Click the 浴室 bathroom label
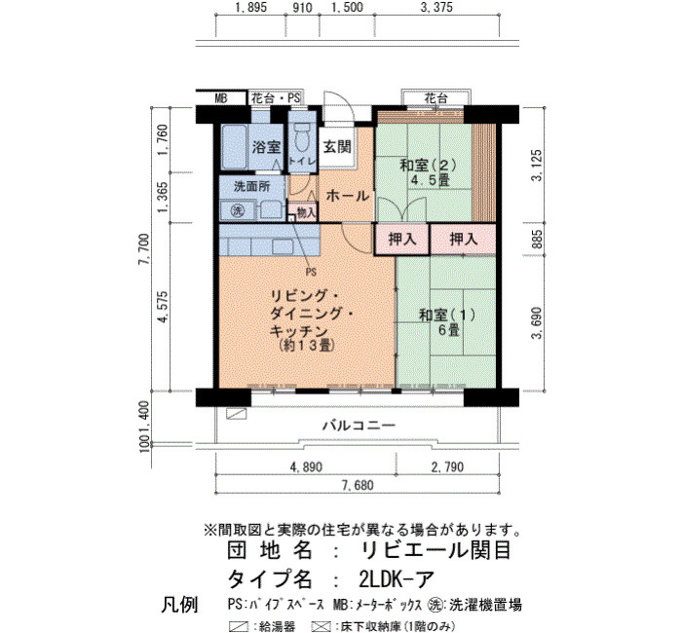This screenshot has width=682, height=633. tap(266, 147)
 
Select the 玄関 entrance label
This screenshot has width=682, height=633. tap(337, 147)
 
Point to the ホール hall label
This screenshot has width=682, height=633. tap(348, 196)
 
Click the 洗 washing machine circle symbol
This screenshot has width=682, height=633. tap(238, 211)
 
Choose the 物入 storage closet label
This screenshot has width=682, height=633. tap(306, 212)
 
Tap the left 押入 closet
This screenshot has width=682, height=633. tap(402, 239)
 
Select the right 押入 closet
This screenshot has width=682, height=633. tap(463, 239)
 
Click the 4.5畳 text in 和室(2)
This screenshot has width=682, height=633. tap(431, 179)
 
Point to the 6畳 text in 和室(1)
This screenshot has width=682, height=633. tap(448, 330)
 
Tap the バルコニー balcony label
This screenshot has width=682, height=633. tap(359, 425)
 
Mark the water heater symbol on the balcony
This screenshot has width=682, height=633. tap(236, 414)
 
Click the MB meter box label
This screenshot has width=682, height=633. tap(221, 98)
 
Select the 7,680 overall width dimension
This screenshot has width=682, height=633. tap(358, 485)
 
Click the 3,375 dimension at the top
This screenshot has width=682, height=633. tap(436, 8)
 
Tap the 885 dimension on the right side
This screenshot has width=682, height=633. tap(538, 239)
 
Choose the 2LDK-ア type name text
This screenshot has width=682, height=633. tap(397, 578)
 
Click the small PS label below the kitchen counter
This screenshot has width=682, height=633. tap(311, 272)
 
